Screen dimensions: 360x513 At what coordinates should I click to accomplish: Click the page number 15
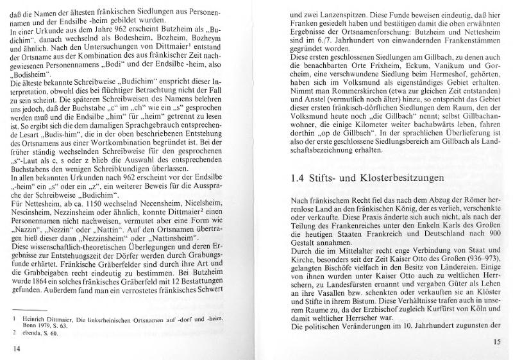pyautogui.click(x=496, y=341)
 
